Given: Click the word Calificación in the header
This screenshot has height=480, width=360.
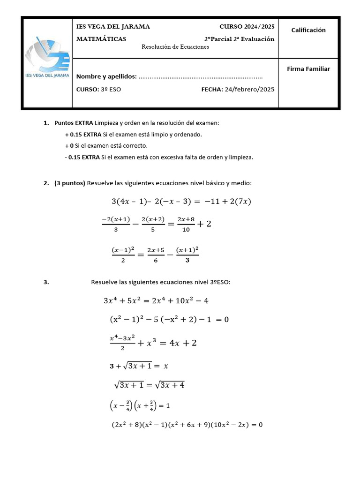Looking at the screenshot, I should coord(308,30).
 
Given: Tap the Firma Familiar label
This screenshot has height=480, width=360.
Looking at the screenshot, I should coord(308,69).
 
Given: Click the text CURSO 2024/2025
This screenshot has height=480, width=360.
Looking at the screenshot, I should coord(247,27).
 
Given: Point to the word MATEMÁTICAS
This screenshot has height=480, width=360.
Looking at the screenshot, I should coord(101,39).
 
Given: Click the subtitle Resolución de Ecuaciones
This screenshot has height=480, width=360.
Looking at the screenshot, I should coord(175,47).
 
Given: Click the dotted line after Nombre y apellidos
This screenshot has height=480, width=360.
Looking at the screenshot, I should coord(201,77).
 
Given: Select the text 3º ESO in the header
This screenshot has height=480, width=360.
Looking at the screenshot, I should coord(111,90).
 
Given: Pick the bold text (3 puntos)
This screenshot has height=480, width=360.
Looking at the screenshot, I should coord(70,183).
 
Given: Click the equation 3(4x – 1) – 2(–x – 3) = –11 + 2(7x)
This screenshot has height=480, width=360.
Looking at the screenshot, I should coord(181,202).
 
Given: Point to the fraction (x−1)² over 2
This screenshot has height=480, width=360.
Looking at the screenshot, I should coord(123,255).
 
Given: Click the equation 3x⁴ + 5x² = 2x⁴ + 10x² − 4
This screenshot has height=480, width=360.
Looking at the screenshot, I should coord(156,300).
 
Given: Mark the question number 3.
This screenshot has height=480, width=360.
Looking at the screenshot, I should coord(46,283).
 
